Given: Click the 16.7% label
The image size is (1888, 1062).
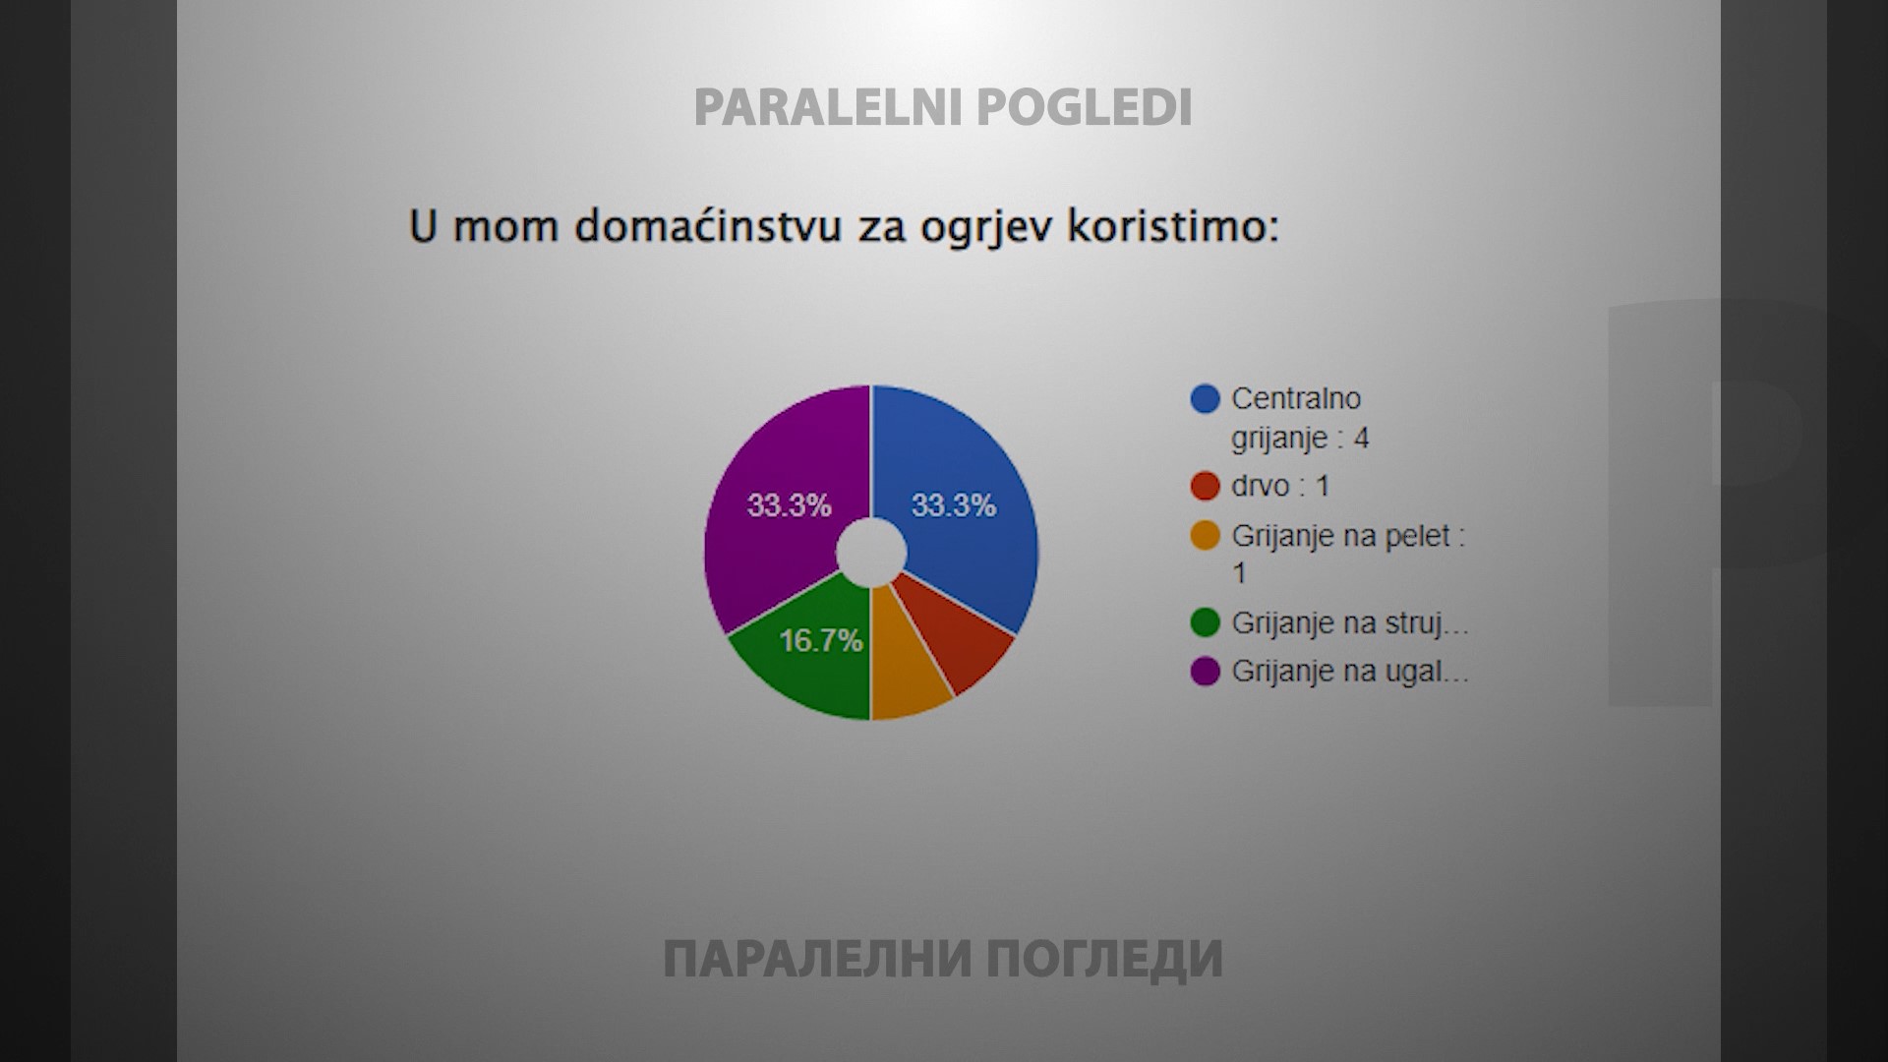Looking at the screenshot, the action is [821, 641].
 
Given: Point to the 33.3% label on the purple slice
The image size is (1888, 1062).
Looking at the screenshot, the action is [789, 505].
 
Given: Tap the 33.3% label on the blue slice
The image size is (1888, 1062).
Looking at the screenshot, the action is [954, 505].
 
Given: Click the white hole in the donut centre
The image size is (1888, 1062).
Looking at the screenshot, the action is [871, 553].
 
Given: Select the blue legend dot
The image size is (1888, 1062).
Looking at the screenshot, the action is [1205, 399].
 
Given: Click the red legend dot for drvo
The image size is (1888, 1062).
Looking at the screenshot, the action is [1205, 486].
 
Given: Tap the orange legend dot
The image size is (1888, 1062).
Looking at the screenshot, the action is [1205, 536].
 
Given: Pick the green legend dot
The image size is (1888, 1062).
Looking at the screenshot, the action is [1205, 622].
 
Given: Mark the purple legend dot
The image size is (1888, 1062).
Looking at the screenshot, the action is [1205, 672].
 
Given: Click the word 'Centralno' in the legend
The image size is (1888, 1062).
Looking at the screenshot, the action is [1296, 399].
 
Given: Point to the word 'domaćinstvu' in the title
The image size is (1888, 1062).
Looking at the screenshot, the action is [706, 227].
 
